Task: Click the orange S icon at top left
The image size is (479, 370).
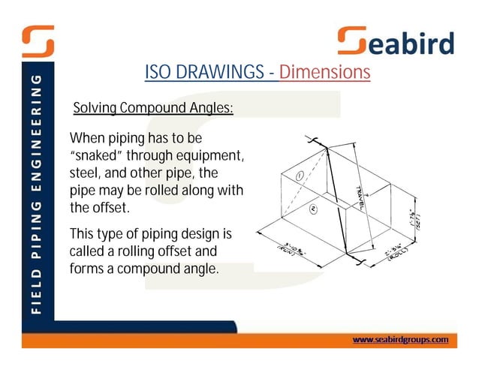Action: (x=38, y=41)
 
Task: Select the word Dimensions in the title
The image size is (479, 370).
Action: (x=324, y=73)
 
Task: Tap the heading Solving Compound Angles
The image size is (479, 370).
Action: (x=153, y=109)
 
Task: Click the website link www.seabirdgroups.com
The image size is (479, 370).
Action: (x=400, y=339)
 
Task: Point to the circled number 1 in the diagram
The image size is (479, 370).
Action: (x=299, y=176)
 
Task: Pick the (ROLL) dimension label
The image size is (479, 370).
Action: (x=400, y=253)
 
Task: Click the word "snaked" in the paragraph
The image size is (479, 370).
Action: (x=97, y=156)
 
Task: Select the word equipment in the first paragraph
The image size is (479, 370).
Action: (x=212, y=156)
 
